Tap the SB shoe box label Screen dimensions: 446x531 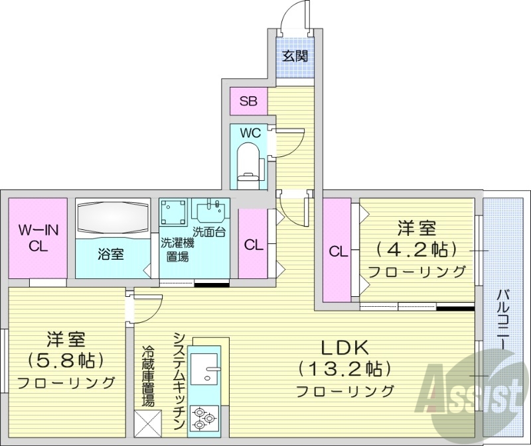point(249,101)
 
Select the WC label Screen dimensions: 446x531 point(250,133)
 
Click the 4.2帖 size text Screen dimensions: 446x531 point(417,250)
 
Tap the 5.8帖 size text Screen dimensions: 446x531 point(66,361)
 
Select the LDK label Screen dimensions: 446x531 point(344,347)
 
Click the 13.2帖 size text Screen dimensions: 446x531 point(344,368)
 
